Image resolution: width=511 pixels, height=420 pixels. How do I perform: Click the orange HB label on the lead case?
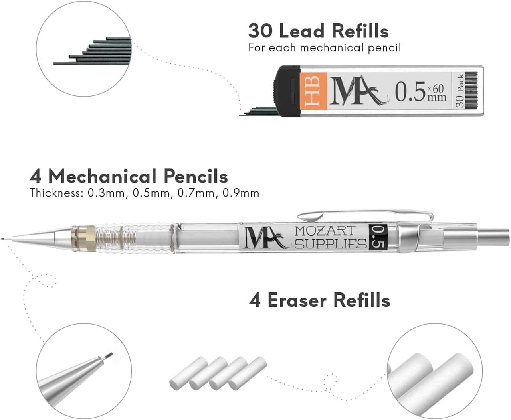point(313,91)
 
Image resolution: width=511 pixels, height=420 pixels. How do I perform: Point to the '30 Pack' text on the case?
point(460,91)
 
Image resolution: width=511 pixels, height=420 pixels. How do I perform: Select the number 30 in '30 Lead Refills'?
point(261,31)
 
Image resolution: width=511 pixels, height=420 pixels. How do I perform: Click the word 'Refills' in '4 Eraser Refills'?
point(362,300)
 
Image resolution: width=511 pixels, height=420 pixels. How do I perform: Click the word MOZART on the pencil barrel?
point(324,231)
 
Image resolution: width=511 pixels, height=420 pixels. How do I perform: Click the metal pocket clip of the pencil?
point(365,215)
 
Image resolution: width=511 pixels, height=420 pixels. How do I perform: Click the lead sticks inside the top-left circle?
point(100,52)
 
